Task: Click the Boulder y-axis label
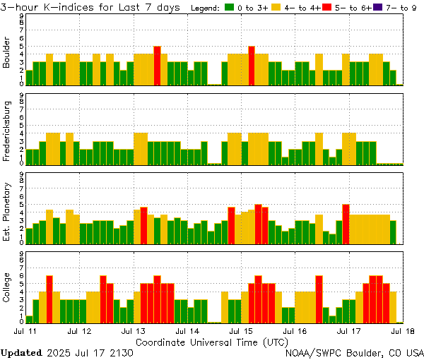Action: point(7,52)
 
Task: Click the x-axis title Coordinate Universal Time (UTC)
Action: point(212,342)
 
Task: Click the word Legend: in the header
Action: point(206,8)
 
